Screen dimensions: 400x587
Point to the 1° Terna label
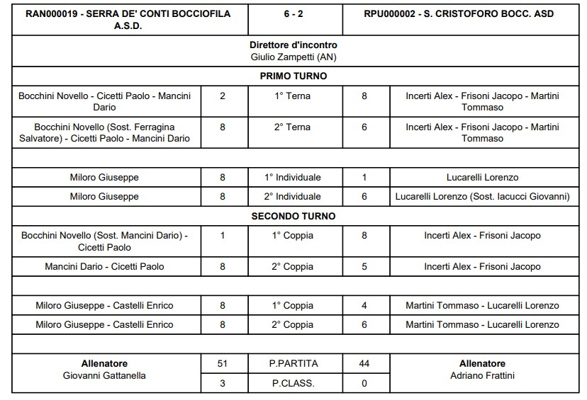pos(293,96)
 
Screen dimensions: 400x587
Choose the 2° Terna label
pos(293,127)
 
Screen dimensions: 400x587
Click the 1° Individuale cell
pos(293,177)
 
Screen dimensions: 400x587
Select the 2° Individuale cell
pos(293,196)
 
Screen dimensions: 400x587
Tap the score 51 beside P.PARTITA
pos(223,364)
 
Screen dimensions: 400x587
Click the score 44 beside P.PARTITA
pos(364,364)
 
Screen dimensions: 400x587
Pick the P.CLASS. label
pos(293,383)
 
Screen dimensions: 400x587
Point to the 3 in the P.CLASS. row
pos(223,383)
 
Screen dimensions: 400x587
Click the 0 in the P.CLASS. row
pos(364,383)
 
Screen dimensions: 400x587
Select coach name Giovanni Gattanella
pos(105,376)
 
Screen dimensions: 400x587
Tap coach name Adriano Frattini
pos(482,376)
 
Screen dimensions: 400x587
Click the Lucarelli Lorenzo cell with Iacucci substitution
pos(482,196)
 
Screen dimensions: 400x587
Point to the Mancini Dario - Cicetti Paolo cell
pos(105,266)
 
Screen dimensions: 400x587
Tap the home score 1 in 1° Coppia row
pos(223,236)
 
